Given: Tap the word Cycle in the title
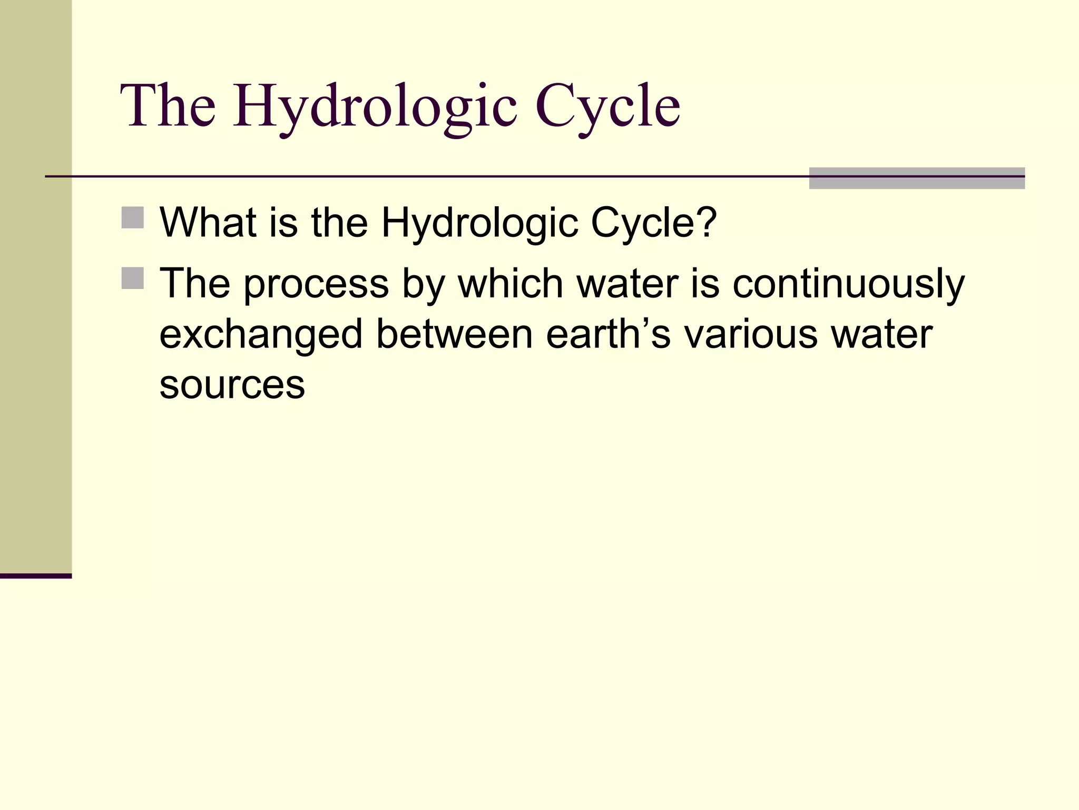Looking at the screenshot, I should [608, 107].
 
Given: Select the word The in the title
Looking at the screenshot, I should [168, 107].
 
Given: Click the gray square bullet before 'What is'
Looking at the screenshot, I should [132, 218].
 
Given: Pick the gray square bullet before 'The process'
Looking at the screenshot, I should [132, 278].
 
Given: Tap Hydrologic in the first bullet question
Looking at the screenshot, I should [479, 224].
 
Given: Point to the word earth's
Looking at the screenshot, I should [608, 334].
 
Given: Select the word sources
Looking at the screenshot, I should [232, 385].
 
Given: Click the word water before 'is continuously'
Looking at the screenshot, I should [627, 284].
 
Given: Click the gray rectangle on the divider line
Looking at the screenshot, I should [917, 178].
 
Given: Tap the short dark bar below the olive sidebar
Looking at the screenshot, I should [36, 576].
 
